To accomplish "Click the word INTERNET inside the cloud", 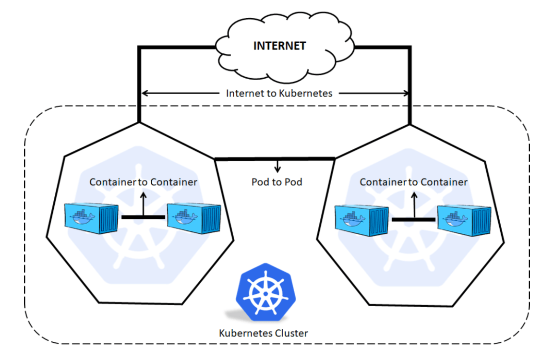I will tap(279, 46).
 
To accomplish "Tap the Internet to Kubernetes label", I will tap(279, 93).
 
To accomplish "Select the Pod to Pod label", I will tap(277, 182).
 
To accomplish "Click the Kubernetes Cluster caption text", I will tap(263, 333).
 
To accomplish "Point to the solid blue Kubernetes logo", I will tap(263, 291).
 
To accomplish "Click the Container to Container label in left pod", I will tap(143, 182).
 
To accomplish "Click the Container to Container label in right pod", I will tap(413, 182).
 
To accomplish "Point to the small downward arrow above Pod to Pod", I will tap(277, 167).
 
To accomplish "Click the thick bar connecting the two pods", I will tap(275, 158).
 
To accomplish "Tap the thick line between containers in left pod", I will tap(143, 217).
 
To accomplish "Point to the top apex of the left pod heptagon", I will tap(139, 122).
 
